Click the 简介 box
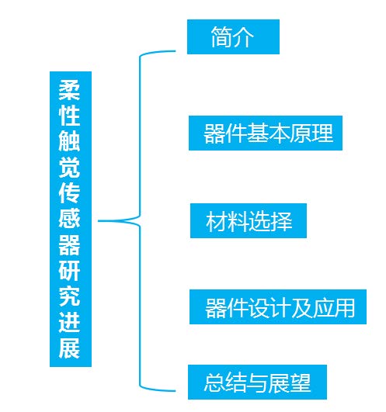point(233,36)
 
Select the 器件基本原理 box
point(266,133)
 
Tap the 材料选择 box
point(249,220)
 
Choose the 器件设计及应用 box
point(278,307)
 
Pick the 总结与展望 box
point(257,382)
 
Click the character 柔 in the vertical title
point(69,90)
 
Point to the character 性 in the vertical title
point(69,116)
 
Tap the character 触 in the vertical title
point(69,141)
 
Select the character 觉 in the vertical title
point(69,168)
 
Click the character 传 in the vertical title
point(69,193)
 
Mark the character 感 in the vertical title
point(69,219)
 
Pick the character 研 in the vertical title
point(69,271)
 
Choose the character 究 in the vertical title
point(69,296)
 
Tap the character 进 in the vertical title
point(69,323)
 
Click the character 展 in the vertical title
point(69,348)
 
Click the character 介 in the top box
point(244,37)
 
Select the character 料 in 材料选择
point(238,221)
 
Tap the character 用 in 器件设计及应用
point(345,307)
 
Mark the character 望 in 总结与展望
point(300,383)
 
